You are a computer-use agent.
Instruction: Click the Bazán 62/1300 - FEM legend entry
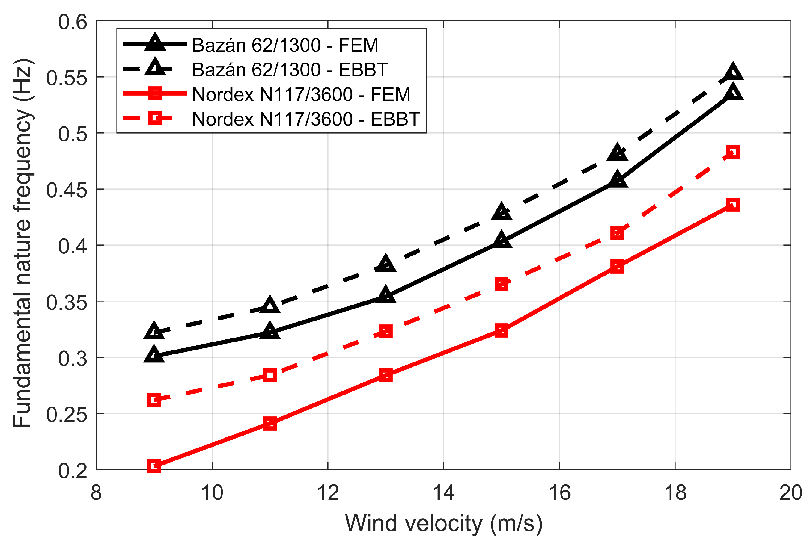click(x=285, y=45)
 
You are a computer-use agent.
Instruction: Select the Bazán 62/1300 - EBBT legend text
click(x=290, y=70)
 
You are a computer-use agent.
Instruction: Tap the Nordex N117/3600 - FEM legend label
click(x=301, y=94)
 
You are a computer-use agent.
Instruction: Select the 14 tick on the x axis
click(x=443, y=493)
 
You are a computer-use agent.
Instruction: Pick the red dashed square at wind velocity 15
click(x=501, y=285)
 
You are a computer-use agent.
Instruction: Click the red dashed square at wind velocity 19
click(x=733, y=152)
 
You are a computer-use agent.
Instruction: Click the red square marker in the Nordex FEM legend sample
click(x=155, y=93)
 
